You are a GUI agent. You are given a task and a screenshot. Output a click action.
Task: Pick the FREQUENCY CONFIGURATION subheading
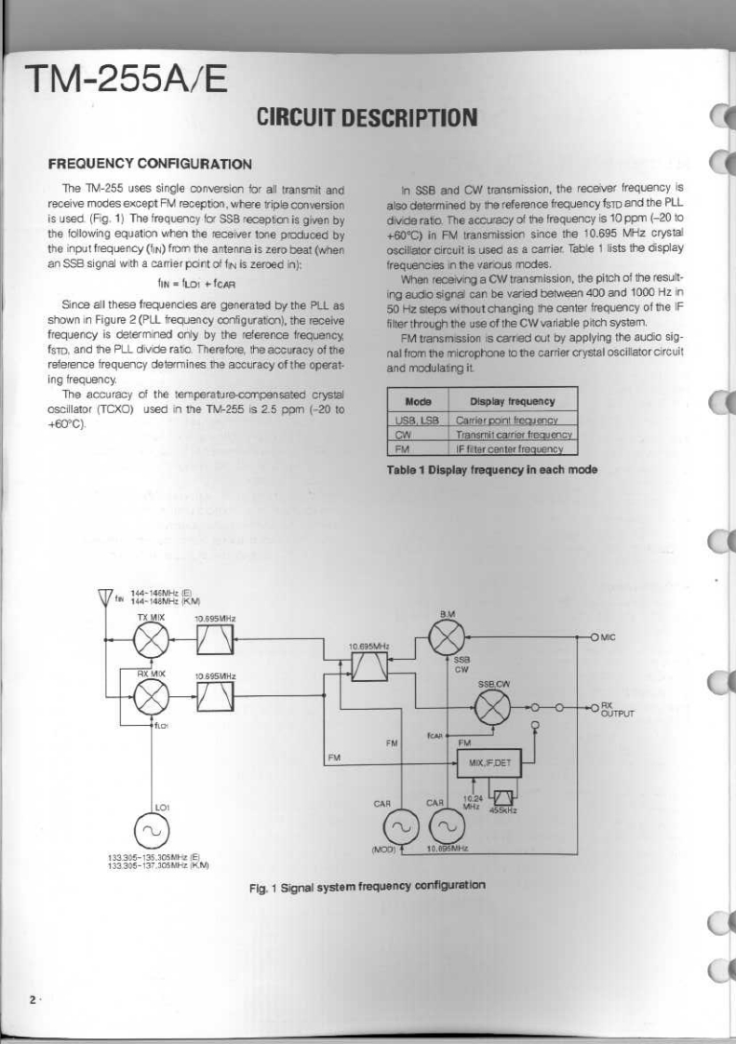tap(150, 165)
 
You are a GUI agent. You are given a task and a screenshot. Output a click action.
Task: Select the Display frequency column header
tap(512, 402)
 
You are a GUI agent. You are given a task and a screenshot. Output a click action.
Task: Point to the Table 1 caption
tap(491, 470)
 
